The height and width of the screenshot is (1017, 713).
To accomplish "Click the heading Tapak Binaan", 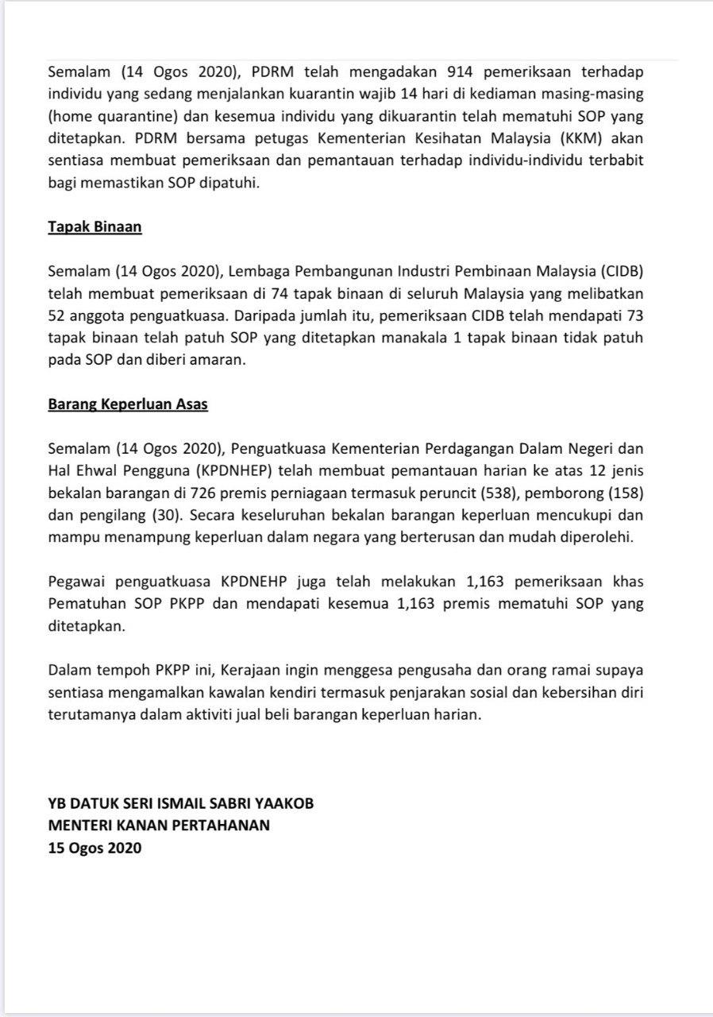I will click(x=94, y=226).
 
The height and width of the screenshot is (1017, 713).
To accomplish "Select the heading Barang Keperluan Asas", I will click(x=128, y=404).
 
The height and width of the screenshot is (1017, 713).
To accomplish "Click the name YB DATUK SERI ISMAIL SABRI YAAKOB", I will click(x=181, y=803).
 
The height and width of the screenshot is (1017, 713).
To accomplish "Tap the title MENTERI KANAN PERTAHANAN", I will click(x=159, y=826).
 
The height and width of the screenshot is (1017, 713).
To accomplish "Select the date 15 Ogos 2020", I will click(x=94, y=848).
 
